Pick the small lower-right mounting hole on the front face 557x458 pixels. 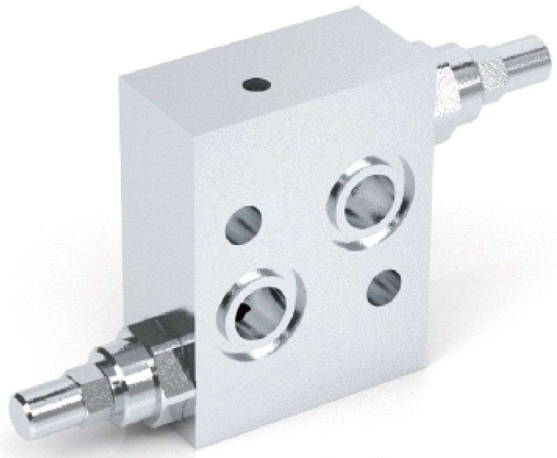(384, 288)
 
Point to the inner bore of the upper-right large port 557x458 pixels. (370, 205)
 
